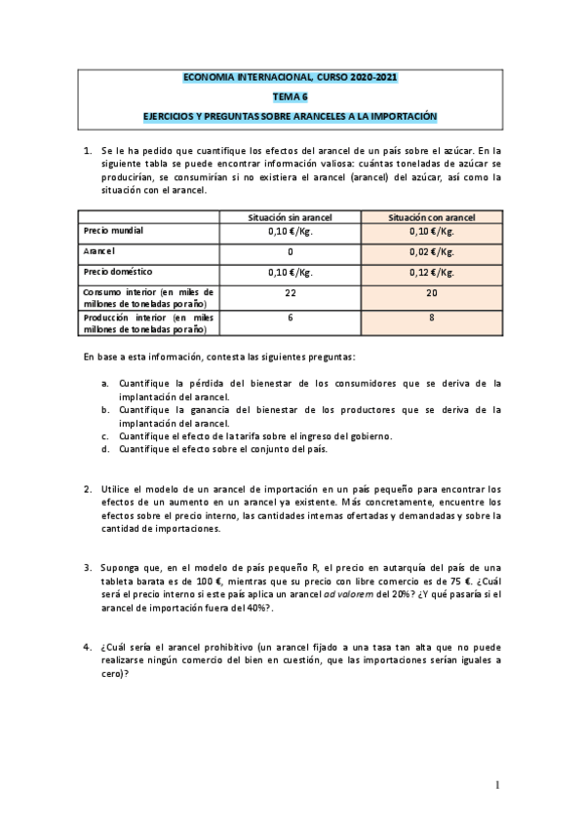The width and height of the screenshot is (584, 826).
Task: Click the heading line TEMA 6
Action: point(291,96)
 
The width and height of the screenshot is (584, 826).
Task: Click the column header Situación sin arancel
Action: point(290,217)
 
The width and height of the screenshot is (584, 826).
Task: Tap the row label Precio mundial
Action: point(115,232)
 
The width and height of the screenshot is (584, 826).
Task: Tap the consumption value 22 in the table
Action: point(290,292)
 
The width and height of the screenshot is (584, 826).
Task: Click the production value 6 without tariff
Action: point(290,318)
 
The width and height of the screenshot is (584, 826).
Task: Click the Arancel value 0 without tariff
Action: point(290,251)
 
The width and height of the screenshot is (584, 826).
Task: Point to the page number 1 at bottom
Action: point(496,784)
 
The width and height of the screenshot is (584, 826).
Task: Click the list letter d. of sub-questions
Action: point(105,449)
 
